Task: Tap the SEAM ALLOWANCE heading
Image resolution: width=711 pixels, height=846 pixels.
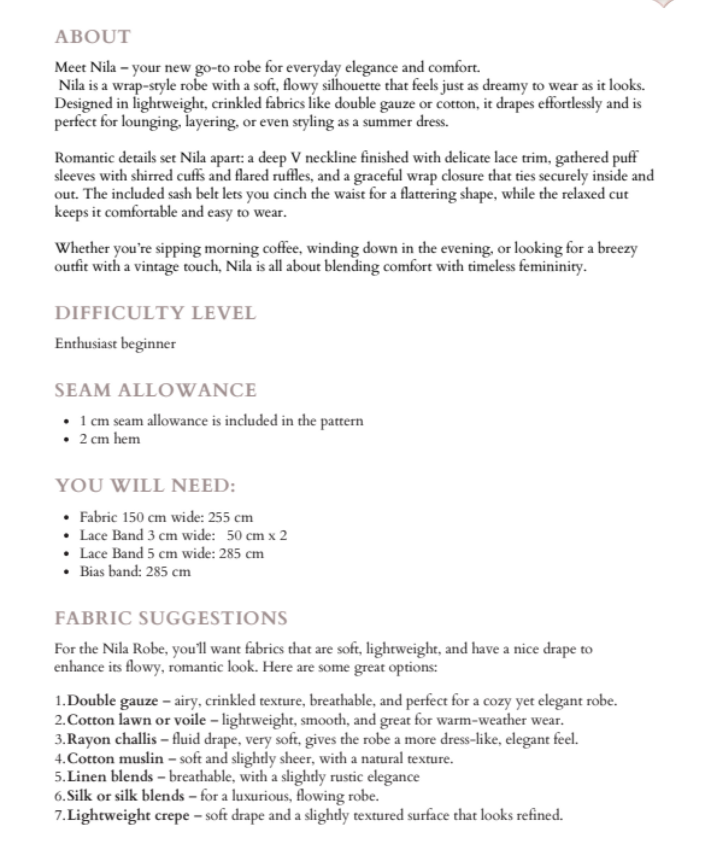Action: (x=156, y=390)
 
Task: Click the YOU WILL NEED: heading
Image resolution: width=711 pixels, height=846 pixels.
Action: (x=145, y=485)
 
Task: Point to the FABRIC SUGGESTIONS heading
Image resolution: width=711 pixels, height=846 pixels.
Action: (x=171, y=618)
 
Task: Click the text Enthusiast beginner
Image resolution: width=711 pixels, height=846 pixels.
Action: (x=115, y=344)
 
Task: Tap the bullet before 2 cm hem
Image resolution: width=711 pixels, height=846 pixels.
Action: (x=67, y=439)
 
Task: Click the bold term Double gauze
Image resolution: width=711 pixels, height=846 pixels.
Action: (x=113, y=701)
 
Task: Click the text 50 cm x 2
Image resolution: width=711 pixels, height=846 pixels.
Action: (x=257, y=535)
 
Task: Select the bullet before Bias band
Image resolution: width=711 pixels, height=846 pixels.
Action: (x=67, y=572)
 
